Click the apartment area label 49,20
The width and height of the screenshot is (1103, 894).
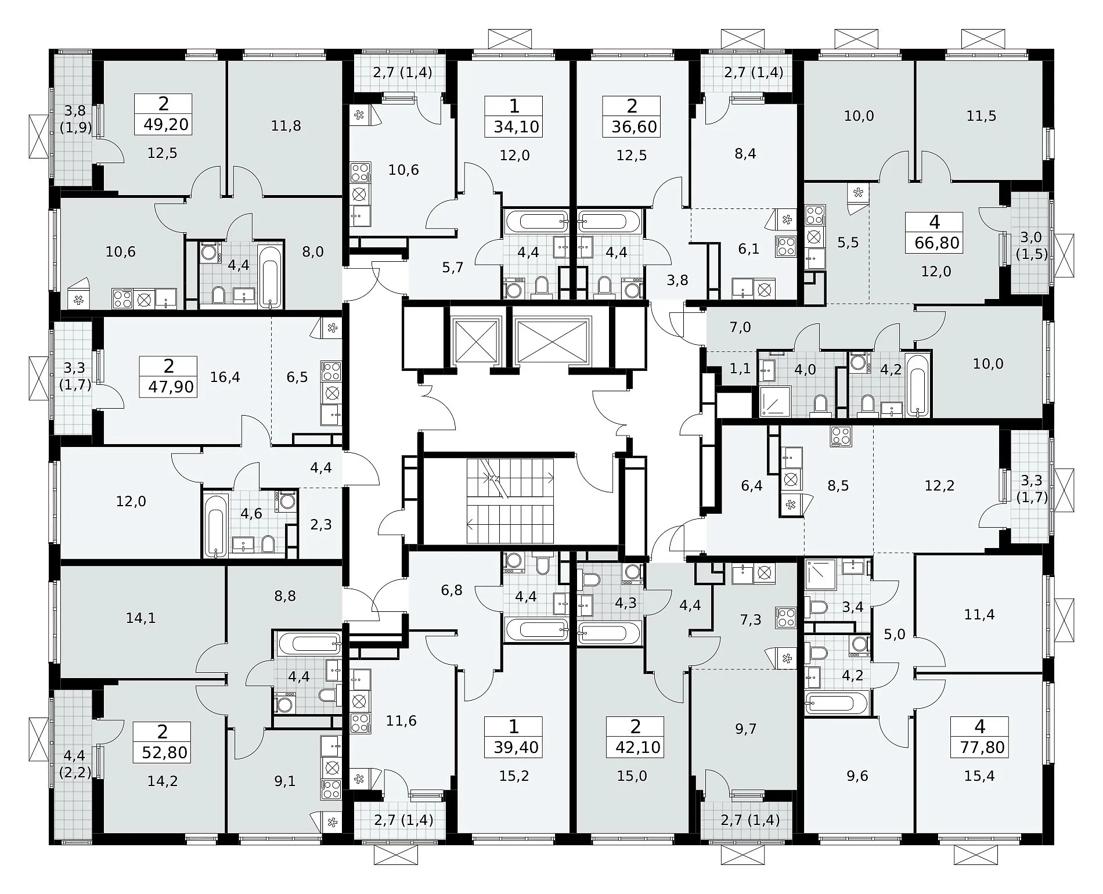(165, 125)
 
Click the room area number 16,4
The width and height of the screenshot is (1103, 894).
(225, 377)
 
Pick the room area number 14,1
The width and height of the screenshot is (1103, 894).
(141, 618)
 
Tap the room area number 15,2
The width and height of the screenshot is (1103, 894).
(514, 776)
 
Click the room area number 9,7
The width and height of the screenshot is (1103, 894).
(746, 729)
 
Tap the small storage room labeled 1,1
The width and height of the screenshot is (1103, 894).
(740, 369)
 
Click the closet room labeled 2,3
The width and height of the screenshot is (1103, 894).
(321, 524)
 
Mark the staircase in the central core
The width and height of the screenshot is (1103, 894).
(510, 493)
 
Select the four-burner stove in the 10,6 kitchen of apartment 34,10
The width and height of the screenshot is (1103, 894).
(359, 172)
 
